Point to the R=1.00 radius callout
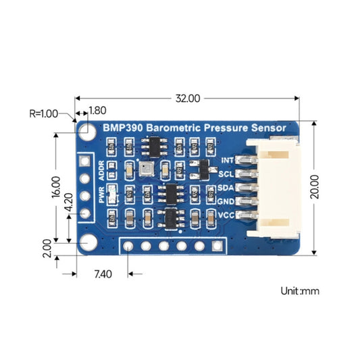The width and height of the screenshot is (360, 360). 45,113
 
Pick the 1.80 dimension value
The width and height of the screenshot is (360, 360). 97,110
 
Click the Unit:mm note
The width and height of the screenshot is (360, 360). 300,291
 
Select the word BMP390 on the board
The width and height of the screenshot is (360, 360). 122,127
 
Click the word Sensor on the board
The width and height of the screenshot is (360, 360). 266,127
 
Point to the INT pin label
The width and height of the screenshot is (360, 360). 227,160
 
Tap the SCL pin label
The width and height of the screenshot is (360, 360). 226,174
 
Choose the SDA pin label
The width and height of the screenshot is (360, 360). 226,187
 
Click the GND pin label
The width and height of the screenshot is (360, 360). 226,201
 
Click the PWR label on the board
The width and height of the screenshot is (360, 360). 103,196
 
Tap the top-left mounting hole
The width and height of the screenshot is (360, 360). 87,127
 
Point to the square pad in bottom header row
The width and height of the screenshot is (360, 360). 216,246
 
